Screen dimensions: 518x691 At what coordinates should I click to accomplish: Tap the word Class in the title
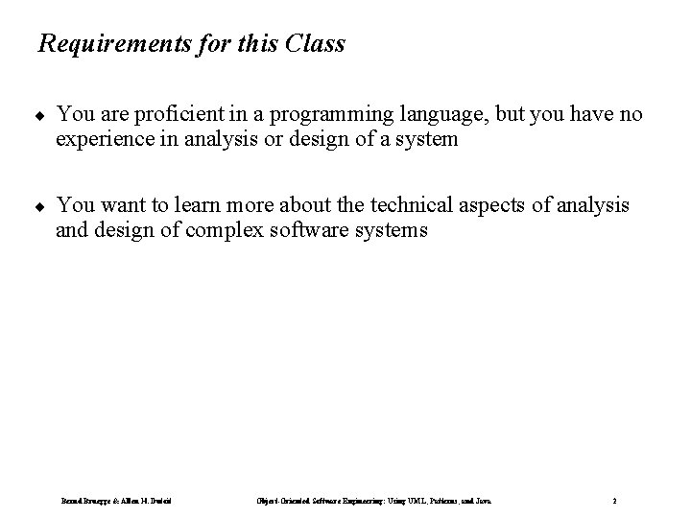pos(315,44)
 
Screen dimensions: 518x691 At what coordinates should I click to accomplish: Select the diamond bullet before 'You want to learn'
pos(39,206)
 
